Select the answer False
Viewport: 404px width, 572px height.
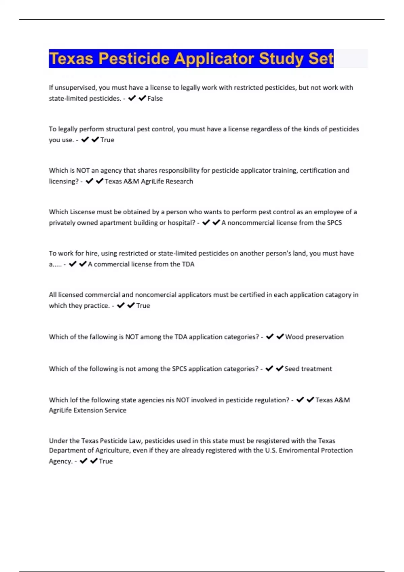click(x=155, y=99)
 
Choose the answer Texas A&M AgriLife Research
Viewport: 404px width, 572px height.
click(x=149, y=181)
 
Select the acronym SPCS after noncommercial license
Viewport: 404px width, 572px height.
click(x=334, y=223)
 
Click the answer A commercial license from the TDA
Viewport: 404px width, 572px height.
click(x=141, y=264)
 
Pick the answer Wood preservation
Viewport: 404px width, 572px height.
click(x=314, y=337)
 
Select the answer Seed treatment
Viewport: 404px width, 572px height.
click(x=308, y=369)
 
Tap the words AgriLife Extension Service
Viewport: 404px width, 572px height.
click(x=88, y=410)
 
